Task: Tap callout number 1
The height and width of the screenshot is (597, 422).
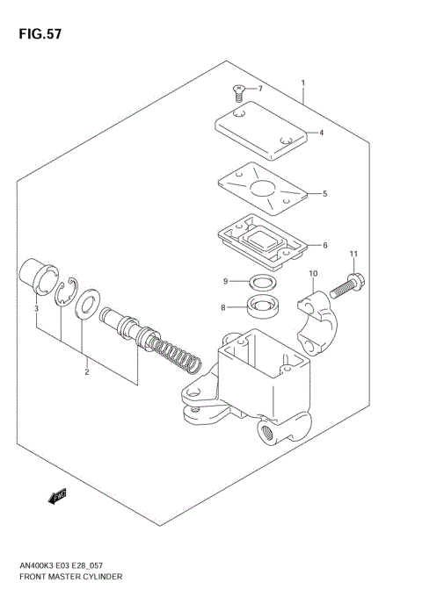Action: (302, 84)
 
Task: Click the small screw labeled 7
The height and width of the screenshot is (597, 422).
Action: (239, 89)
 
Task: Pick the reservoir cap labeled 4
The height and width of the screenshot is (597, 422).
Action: (261, 131)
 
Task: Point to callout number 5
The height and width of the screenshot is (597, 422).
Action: (324, 193)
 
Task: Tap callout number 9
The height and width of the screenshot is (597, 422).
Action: (225, 281)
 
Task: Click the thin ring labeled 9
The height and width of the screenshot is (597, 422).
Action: (261, 283)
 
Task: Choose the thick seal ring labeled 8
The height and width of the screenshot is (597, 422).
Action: (261, 307)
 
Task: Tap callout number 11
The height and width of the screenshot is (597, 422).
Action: (353, 255)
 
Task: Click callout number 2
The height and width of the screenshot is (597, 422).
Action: (86, 372)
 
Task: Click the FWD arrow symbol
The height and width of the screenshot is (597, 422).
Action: (59, 498)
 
